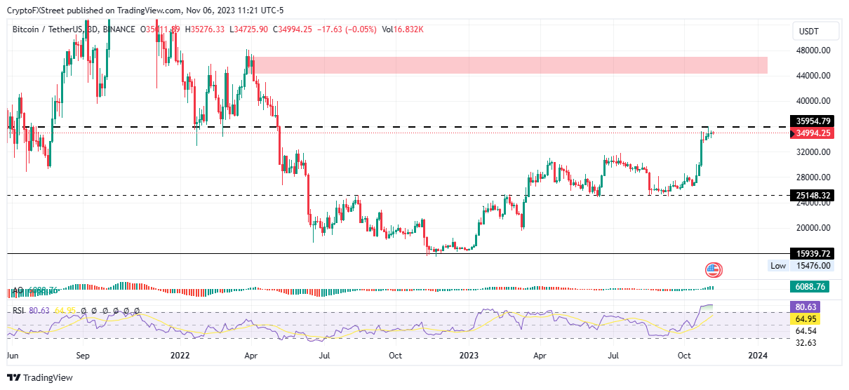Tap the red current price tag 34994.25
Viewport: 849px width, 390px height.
(813, 133)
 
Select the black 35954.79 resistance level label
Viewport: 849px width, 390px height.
(813, 121)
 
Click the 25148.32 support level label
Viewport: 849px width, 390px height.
(813, 195)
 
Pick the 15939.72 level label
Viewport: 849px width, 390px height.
(813, 253)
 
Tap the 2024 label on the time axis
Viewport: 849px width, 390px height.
(758, 355)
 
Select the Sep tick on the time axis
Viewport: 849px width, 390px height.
(82, 355)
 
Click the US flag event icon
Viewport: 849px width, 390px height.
(714, 270)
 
